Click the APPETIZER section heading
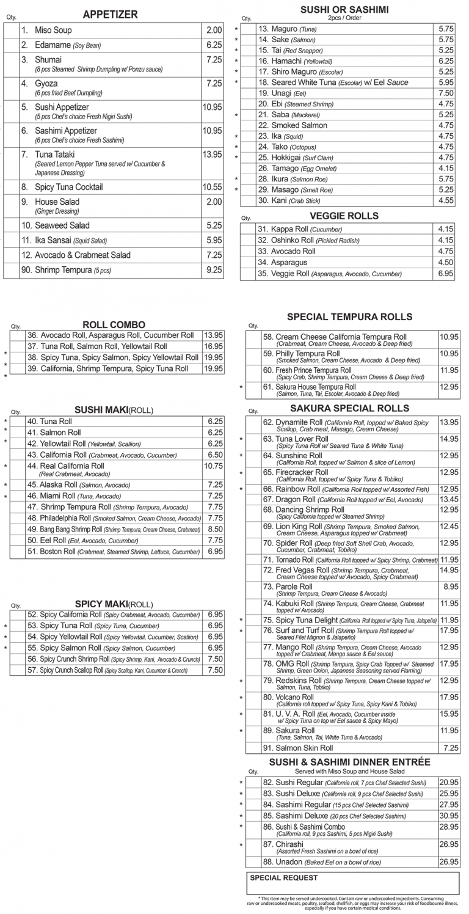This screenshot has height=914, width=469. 111,15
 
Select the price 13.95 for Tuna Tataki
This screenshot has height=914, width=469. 213,155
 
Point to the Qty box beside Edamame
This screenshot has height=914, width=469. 11,45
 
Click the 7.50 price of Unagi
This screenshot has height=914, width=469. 446,93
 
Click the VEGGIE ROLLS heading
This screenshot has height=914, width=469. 344,216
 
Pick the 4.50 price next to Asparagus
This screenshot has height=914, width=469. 446,263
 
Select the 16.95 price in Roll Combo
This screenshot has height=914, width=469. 214,346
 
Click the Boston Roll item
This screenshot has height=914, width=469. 57,552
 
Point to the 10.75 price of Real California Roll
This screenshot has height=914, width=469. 214,466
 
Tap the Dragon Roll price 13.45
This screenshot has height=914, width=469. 449,500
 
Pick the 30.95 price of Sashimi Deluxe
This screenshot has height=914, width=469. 449,816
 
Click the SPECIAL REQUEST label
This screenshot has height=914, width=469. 284,878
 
